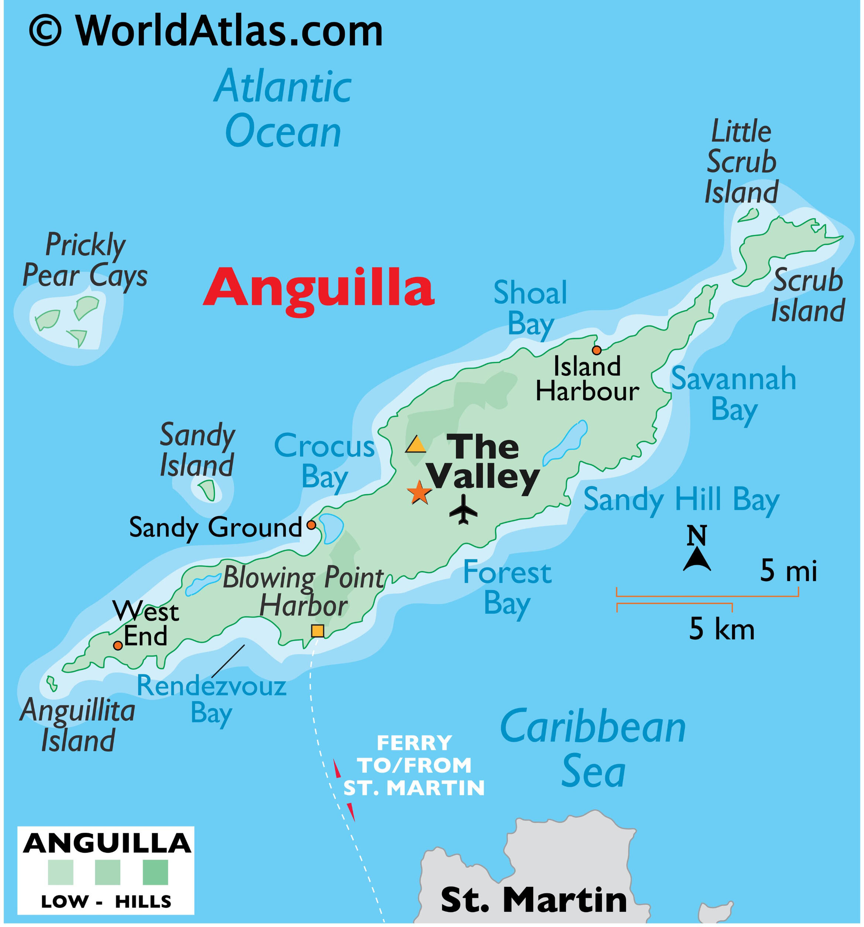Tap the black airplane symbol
pos(463,509)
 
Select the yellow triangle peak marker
pos(415,445)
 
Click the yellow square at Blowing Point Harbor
pos(318,630)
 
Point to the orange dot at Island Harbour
pos(597,350)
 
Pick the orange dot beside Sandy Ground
pos(311,525)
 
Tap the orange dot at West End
pos(118,645)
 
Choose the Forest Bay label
pos(507,589)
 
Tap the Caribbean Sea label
pos(593,747)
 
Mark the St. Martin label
pos(534,900)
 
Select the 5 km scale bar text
pos(721,629)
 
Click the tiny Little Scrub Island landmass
pos(749,215)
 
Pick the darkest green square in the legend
pos(155,872)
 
